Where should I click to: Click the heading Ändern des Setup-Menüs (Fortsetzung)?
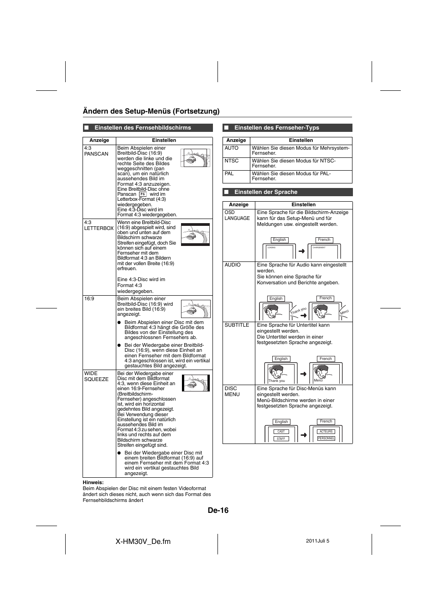[151, 111]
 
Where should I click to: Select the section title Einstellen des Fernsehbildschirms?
[143, 128]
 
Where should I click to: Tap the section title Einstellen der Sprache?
[265, 192]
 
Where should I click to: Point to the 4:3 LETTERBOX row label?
[98, 225]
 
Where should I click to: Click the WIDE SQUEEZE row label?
[96, 376]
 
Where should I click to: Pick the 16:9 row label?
[89, 299]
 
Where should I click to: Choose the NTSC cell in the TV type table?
[232, 161]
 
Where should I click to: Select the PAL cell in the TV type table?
[229, 173]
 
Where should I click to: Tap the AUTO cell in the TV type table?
[232, 148]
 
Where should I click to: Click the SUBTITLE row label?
[237, 325]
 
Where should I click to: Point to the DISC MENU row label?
[232, 392]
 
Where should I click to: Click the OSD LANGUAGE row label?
[237, 215]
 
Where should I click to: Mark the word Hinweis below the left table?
[93, 482]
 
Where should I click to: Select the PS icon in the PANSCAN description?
[142, 194]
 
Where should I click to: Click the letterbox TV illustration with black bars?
[195, 235]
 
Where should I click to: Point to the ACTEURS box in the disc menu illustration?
[326, 431]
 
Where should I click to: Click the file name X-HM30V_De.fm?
[143, 541]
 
